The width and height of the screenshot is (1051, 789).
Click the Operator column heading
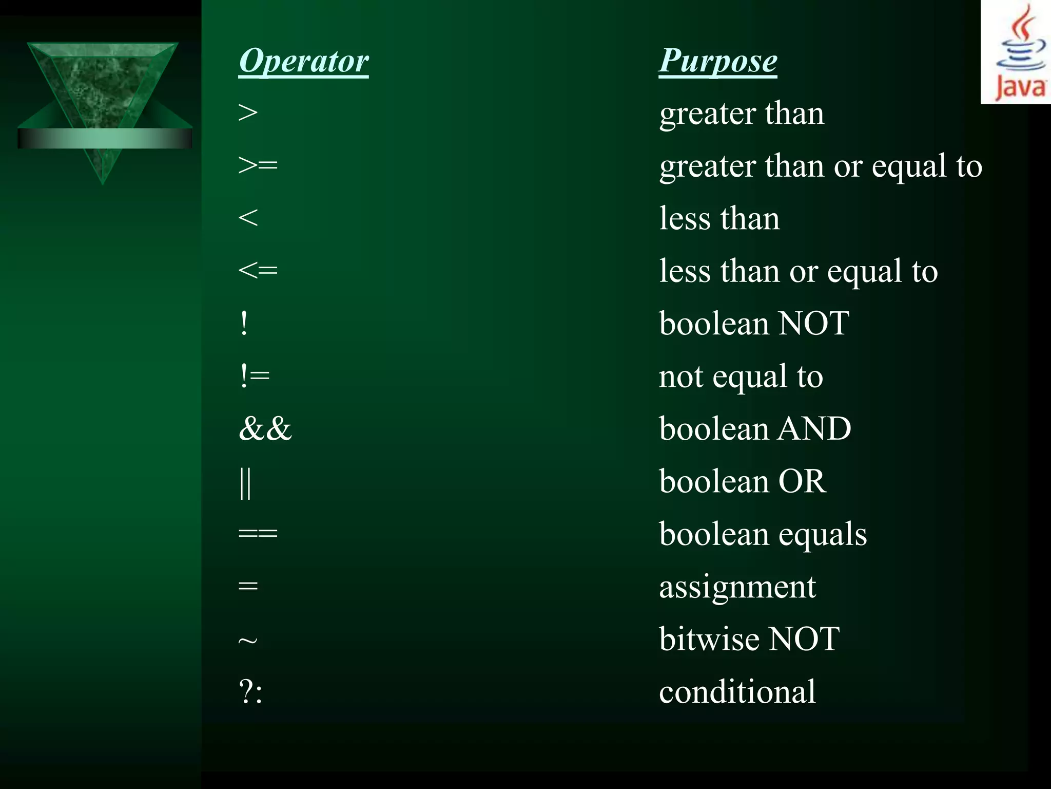(303, 61)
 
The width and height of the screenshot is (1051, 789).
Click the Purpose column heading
(717, 61)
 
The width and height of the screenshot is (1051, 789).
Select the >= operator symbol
(258, 165)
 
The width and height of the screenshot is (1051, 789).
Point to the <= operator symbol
(258, 270)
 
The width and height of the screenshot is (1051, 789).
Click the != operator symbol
(254, 376)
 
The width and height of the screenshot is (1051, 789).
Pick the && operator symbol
(265, 428)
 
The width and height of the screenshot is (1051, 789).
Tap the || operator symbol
(245, 483)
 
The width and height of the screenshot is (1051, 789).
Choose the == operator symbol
(258, 534)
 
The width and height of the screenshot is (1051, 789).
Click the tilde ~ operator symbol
(247, 641)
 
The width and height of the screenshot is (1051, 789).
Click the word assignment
(737, 587)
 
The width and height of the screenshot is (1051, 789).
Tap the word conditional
(737, 691)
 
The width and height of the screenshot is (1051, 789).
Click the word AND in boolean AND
(814, 428)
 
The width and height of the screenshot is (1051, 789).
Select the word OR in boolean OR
(802, 481)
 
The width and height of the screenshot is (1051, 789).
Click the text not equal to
(741, 377)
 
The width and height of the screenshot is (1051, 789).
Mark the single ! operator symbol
(244, 324)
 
